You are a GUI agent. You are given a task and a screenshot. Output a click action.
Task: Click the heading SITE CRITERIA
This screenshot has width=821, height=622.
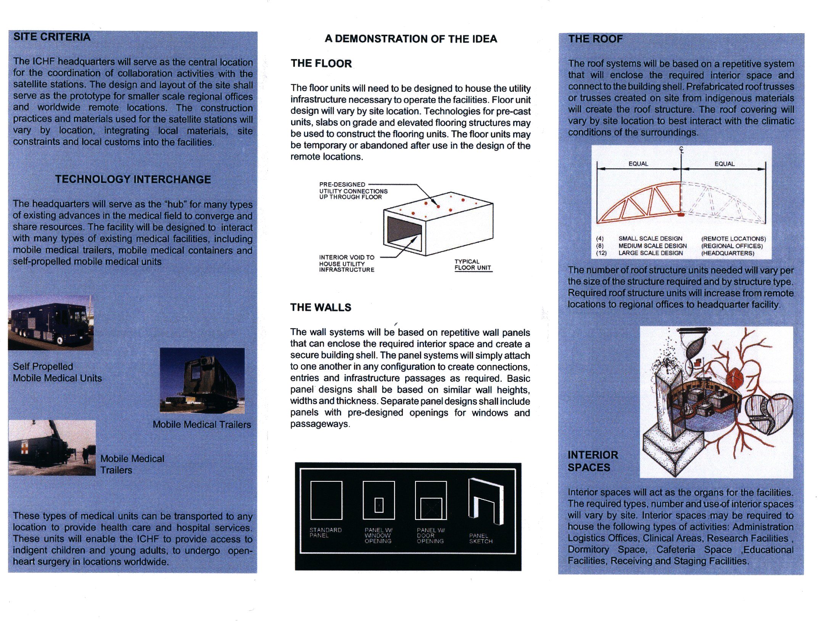(x=52, y=37)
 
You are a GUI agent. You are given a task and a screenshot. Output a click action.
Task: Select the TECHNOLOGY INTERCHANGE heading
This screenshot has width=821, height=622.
(x=133, y=180)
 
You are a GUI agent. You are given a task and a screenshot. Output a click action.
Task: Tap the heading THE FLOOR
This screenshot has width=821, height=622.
(x=321, y=63)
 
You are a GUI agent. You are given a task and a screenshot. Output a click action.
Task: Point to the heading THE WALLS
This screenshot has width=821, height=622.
(x=320, y=307)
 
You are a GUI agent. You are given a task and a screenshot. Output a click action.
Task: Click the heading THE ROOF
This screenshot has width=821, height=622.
(x=595, y=39)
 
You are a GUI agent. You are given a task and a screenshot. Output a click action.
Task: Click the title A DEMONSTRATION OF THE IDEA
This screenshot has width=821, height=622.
(x=410, y=39)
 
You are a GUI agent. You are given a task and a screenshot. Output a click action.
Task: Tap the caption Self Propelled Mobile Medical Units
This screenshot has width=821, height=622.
(x=57, y=372)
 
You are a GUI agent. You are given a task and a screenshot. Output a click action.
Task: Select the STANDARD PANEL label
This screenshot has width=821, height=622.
(x=325, y=532)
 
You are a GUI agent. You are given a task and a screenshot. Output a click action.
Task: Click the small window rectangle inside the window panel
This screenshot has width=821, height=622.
(x=378, y=505)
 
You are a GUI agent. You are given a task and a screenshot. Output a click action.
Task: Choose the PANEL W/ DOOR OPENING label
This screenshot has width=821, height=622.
(x=430, y=535)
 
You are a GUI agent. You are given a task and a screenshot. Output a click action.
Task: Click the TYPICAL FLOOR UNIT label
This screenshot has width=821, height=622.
(x=472, y=265)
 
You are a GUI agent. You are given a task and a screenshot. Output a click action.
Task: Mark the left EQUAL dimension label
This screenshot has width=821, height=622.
(x=638, y=164)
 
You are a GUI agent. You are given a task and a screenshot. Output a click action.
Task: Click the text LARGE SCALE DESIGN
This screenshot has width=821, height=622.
(x=650, y=253)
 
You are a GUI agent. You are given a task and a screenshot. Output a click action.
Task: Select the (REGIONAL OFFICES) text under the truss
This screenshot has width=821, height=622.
(x=732, y=246)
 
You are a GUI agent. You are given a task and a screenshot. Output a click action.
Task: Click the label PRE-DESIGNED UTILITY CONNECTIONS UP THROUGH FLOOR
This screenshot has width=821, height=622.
(x=353, y=191)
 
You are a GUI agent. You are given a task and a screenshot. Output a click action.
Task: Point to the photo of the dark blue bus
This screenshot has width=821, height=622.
(x=50, y=322)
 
